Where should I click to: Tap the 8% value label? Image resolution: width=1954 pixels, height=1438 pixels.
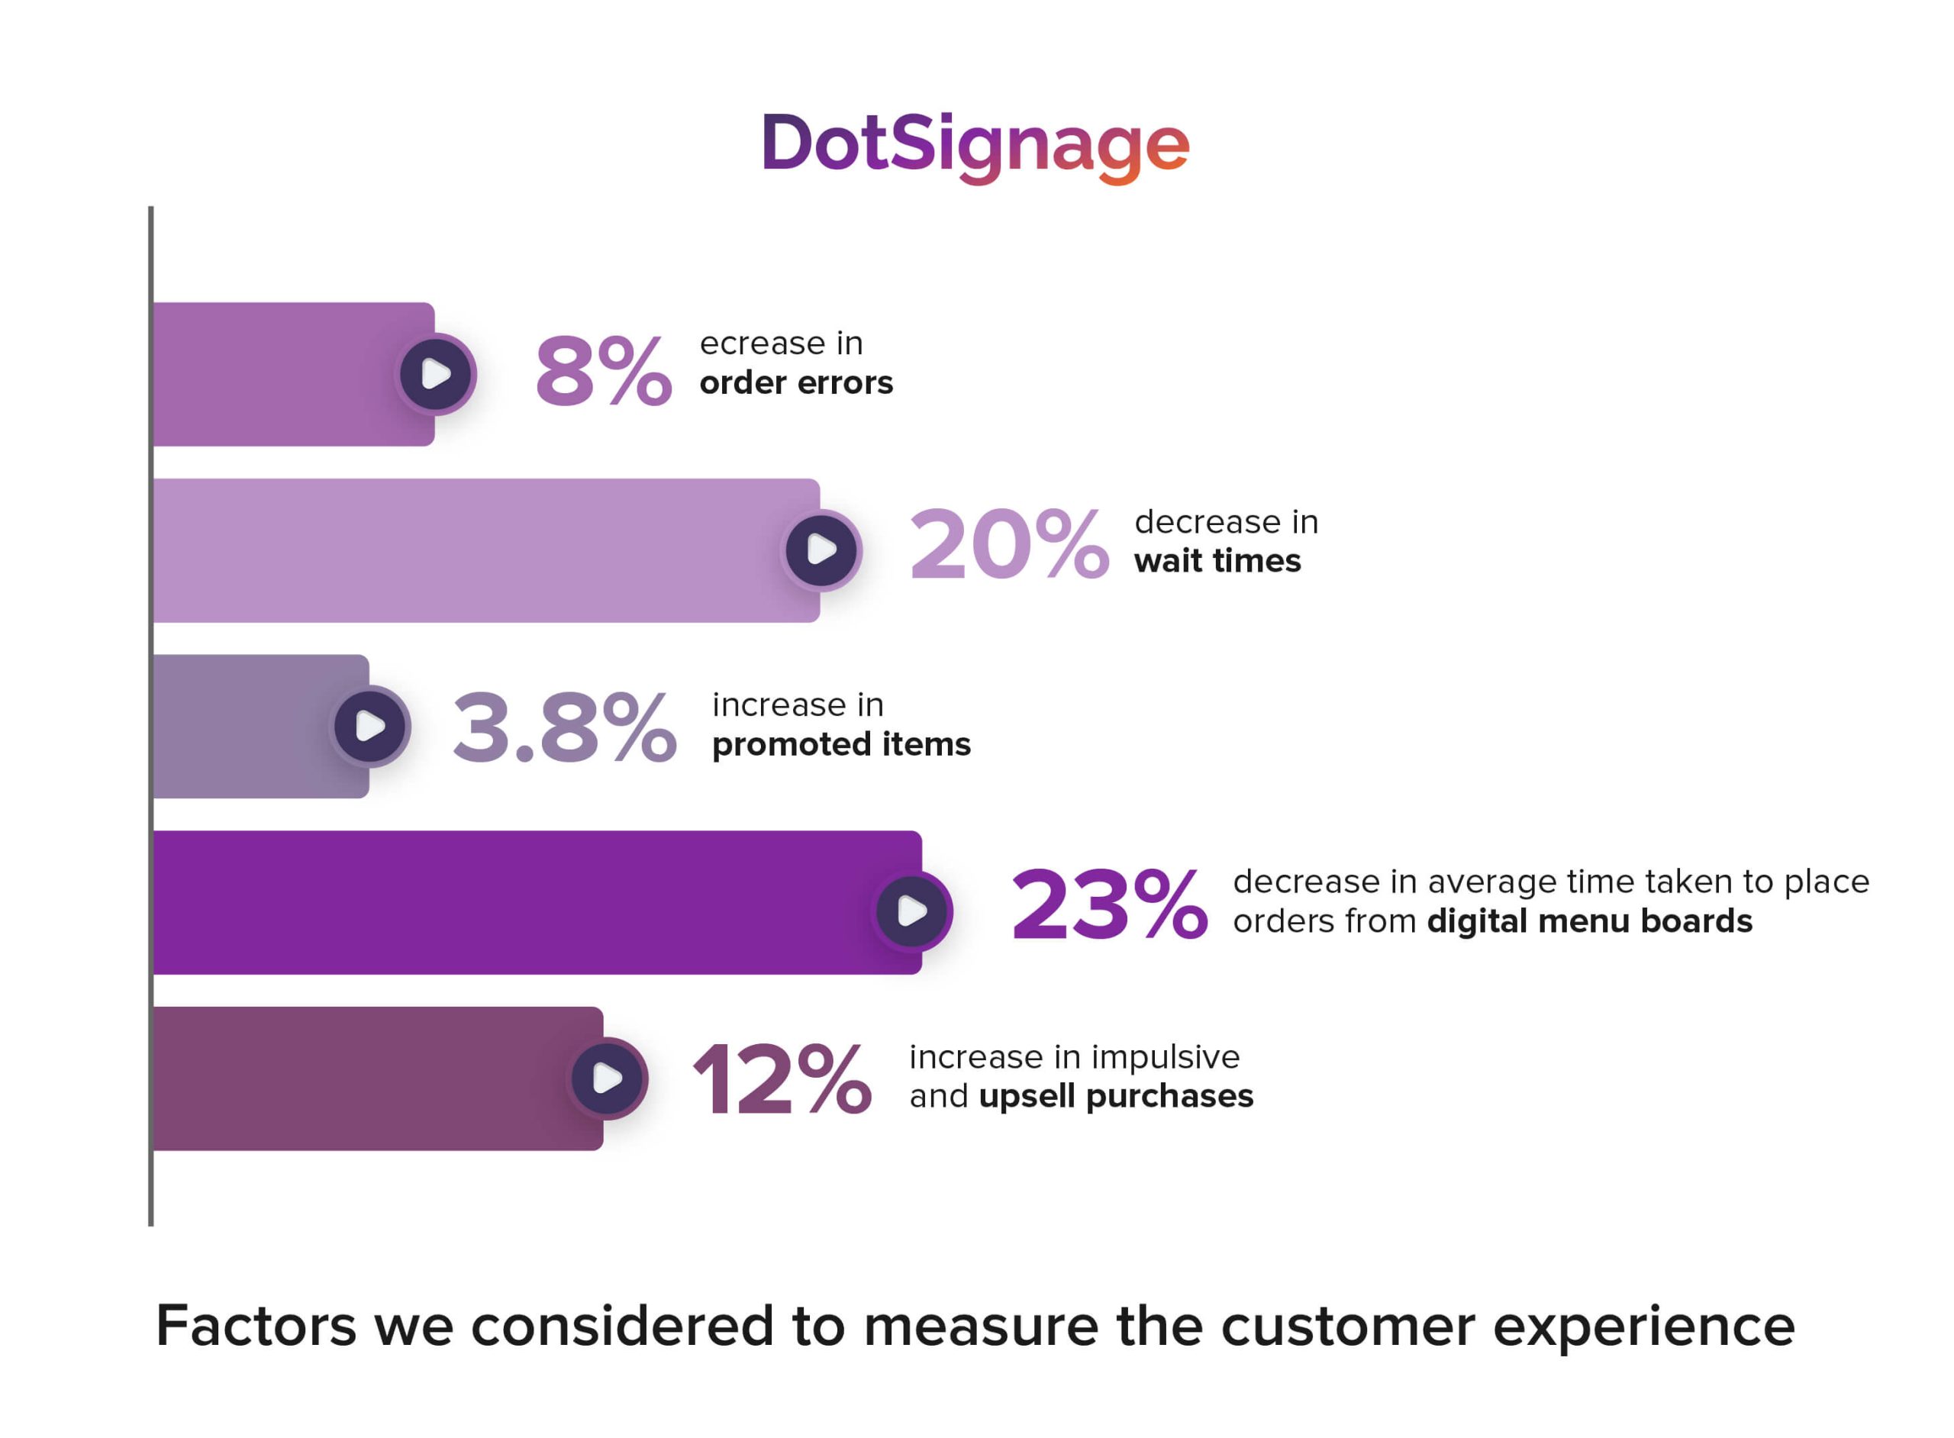[x=603, y=372]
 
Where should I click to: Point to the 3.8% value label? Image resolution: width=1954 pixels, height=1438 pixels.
[x=564, y=727]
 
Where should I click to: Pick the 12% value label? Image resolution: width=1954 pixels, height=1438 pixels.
[x=781, y=1080]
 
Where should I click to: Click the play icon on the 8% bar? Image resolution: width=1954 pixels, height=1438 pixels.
[x=435, y=374]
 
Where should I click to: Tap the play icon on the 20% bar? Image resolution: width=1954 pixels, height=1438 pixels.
[x=821, y=550]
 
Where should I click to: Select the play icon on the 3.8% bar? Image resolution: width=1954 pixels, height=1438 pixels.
[x=370, y=726]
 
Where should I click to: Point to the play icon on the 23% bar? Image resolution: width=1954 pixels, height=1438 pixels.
[x=912, y=911]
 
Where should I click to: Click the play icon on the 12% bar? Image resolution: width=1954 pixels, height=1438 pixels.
[x=607, y=1078]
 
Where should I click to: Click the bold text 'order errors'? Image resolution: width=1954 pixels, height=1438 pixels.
[x=795, y=384]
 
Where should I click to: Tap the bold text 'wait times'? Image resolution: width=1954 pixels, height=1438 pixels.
[x=1217, y=562]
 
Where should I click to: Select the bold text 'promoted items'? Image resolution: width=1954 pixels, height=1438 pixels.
[x=841, y=745]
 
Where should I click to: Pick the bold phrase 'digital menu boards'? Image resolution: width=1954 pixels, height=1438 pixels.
[x=1588, y=922]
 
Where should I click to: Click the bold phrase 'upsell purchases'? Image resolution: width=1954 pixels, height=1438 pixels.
[x=1116, y=1097]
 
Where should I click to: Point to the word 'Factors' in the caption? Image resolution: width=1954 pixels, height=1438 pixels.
[x=256, y=1327]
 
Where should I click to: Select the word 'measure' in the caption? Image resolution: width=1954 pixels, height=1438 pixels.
[x=981, y=1327]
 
